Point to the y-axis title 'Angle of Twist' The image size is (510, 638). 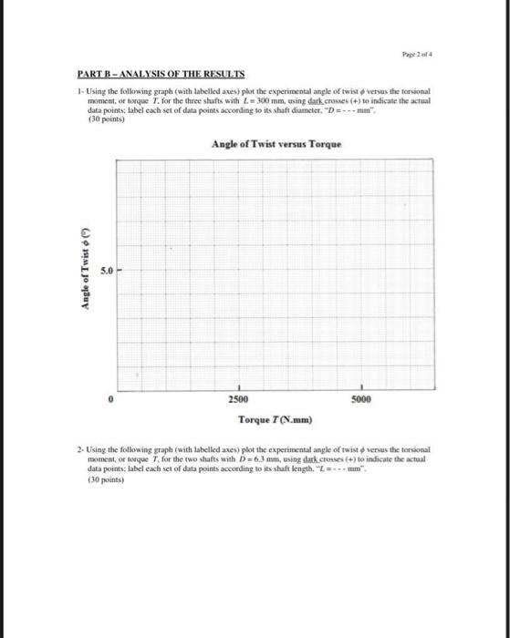pos(88,269)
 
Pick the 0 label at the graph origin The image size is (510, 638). pos(111,398)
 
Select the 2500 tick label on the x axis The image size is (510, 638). pos(239,398)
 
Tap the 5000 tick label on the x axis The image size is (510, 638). pos(363,398)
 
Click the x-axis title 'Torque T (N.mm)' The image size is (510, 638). pos(275,419)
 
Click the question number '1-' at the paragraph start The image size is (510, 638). pos(78,92)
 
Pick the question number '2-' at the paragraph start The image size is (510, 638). pos(78,451)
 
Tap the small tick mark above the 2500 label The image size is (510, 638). pos(239,386)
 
